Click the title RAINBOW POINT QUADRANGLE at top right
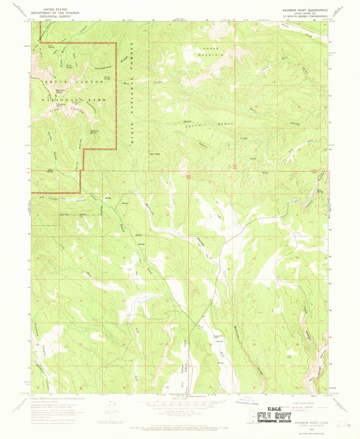point(305,9)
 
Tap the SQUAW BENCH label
point(209,124)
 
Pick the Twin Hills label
point(154,154)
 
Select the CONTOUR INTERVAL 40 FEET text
point(185,411)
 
